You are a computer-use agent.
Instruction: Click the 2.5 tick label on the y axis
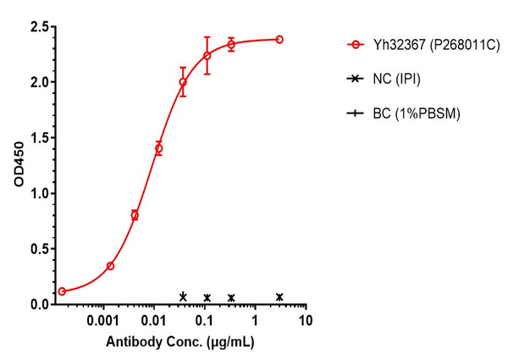tap(36, 27)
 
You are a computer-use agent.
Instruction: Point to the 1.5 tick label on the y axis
tap(36, 138)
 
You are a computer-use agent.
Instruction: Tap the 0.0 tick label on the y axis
tap(36, 304)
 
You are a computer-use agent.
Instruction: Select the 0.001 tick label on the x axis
tap(103, 322)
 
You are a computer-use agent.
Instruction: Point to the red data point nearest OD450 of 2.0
tap(183, 82)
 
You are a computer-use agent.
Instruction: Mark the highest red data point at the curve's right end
tap(279, 39)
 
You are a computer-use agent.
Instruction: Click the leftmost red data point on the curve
tap(62, 291)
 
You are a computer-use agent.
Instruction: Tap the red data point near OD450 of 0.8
tap(135, 215)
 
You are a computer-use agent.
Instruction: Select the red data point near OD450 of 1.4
tap(158, 148)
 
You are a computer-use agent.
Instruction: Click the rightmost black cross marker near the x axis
tap(279, 296)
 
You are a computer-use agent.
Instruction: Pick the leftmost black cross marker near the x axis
tap(183, 296)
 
